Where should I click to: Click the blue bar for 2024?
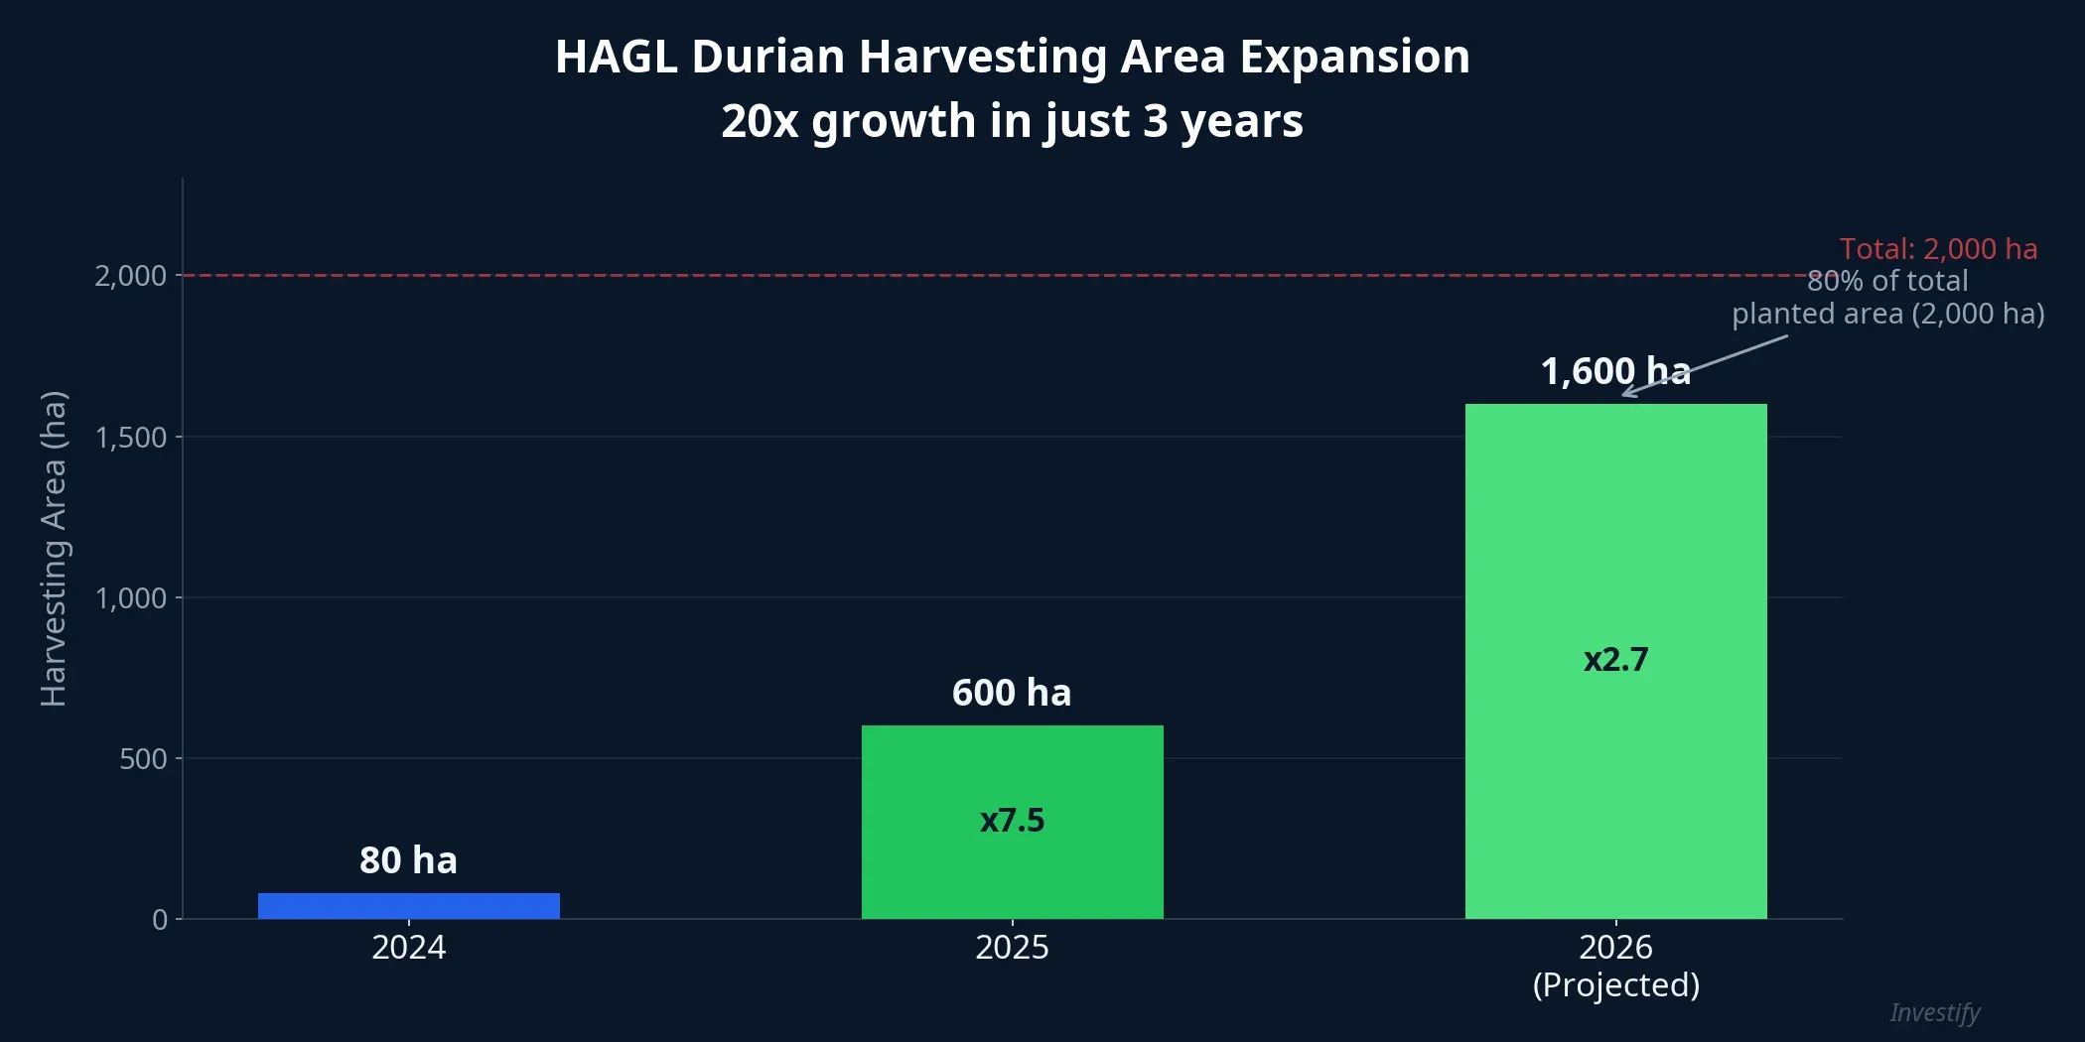(x=408, y=905)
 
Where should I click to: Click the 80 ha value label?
(x=408, y=859)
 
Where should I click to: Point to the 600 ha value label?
(x=1012, y=692)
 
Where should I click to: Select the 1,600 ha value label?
(x=1614, y=371)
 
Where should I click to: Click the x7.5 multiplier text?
(x=1012, y=820)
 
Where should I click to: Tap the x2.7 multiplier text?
(x=1615, y=659)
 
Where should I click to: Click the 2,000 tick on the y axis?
(x=130, y=276)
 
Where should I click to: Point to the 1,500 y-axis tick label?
(x=130, y=438)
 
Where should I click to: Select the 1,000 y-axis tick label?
(x=130, y=598)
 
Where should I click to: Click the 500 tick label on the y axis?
(x=143, y=759)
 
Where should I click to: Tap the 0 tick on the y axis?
(x=160, y=920)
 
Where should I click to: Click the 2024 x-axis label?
(x=408, y=947)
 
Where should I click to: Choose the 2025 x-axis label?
(x=1012, y=947)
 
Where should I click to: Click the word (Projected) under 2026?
(x=1615, y=984)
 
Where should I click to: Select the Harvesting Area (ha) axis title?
(x=54, y=548)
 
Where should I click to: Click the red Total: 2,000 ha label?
(x=1937, y=248)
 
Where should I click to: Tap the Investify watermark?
(x=1934, y=1012)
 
